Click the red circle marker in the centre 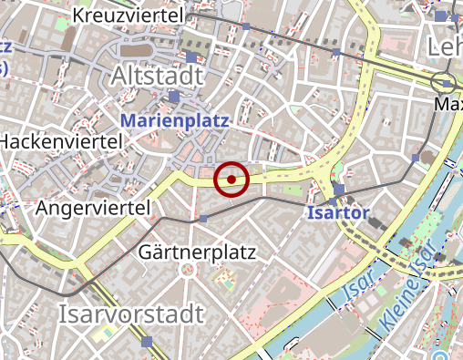231,180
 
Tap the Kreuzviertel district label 128,15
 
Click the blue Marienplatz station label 174,119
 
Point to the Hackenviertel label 60,141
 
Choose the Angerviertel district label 93,209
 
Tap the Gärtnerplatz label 198,251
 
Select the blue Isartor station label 338,213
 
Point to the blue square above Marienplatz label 174,97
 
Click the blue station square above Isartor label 338,189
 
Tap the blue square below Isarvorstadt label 148,342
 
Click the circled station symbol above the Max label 444,81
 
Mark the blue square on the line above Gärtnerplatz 203,219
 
